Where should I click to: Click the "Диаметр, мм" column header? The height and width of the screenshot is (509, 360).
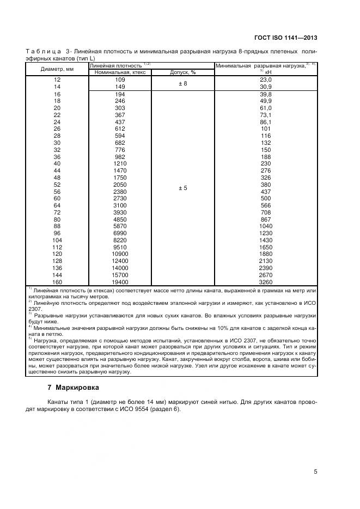[57, 69]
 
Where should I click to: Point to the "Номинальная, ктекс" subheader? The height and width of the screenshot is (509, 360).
[120, 72]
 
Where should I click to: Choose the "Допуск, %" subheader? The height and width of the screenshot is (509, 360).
[182, 72]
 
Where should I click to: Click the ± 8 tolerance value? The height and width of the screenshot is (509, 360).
[182, 83]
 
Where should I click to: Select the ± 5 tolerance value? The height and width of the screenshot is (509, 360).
[182, 188]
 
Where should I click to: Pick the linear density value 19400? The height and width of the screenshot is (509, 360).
[120, 283]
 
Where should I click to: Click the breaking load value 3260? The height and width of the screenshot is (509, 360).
[265, 283]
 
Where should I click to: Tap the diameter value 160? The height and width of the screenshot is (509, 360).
[57, 283]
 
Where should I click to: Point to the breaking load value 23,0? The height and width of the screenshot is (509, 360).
[265, 79]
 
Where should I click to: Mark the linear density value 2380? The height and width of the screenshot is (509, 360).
[120, 192]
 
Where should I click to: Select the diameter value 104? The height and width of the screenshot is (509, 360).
[57, 240]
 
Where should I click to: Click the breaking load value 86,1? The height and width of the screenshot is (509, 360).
[265, 122]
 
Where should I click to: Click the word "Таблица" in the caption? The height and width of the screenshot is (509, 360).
[43, 51]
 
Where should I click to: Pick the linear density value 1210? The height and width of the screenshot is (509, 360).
[120, 163]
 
